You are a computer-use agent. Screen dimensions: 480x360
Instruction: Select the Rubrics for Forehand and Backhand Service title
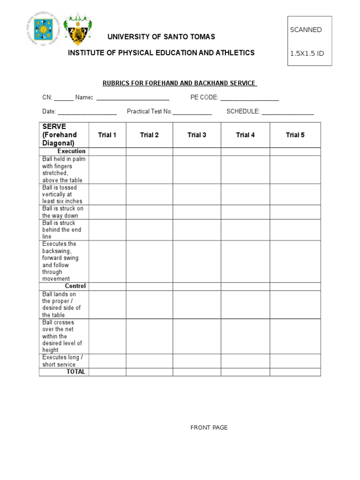(180, 83)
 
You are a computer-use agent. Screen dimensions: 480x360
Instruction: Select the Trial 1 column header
(107, 135)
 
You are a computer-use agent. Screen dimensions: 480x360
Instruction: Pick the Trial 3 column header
(197, 135)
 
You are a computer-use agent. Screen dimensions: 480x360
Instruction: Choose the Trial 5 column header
(295, 135)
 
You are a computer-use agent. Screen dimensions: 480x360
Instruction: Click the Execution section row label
(71, 151)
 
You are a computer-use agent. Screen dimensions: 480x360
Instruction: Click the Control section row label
(75, 286)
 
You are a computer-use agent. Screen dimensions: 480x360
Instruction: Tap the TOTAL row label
(76, 372)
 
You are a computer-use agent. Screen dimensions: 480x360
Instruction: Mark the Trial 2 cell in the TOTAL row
(149, 372)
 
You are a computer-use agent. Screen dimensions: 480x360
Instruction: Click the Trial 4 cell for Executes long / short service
(245, 361)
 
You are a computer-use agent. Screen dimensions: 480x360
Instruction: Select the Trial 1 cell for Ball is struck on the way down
(107, 212)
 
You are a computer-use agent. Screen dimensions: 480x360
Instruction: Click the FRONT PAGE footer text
(209, 427)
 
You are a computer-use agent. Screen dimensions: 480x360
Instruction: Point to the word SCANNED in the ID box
(306, 30)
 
